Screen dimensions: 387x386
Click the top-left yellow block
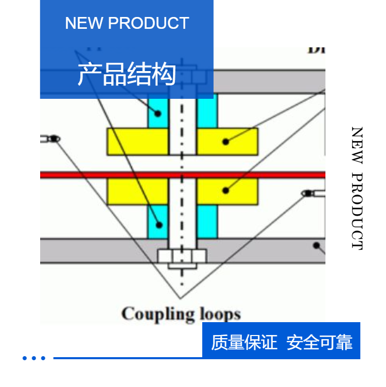[x=137, y=142]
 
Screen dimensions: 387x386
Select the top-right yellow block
[x=227, y=142]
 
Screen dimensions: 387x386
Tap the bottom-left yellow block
[x=137, y=191]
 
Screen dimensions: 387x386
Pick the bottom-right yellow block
[x=227, y=191]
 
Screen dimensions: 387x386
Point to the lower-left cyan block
[x=158, y=221]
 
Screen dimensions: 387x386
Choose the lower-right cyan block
[x=207, y=221]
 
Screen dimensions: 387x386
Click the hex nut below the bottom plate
[x=182, y=256]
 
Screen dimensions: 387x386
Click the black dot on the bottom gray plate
[x=316, y=245]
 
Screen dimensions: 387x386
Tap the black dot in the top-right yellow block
[x=225, y=141]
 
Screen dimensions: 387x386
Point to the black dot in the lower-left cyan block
[x=160, y=225]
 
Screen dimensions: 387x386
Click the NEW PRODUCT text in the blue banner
[x=127, y=23]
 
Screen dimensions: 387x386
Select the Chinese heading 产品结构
[x=127, y=74]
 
